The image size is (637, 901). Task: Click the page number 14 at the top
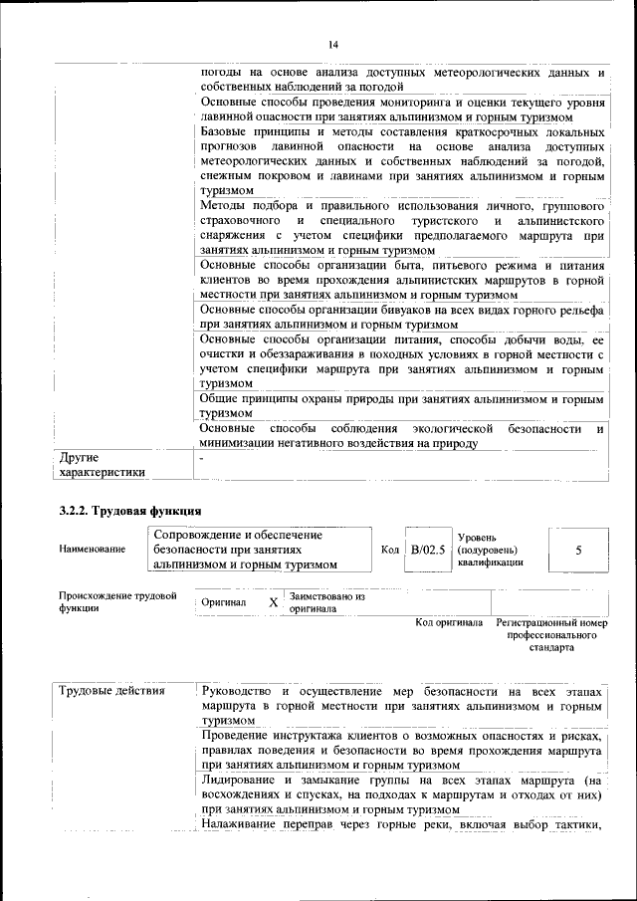[x=332, y=45]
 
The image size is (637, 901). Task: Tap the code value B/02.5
[x=428, y=549]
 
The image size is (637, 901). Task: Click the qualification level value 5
[x=577, y=549]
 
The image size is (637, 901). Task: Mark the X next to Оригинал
[x=273, y=603]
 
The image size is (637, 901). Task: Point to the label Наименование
[x=93, y=549]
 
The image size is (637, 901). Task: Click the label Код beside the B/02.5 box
[x=390, y=549]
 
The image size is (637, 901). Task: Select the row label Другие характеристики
[x=103, y=465]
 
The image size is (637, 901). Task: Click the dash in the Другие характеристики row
[x=202, y=458]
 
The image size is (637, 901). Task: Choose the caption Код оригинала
[x=449, y=622]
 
